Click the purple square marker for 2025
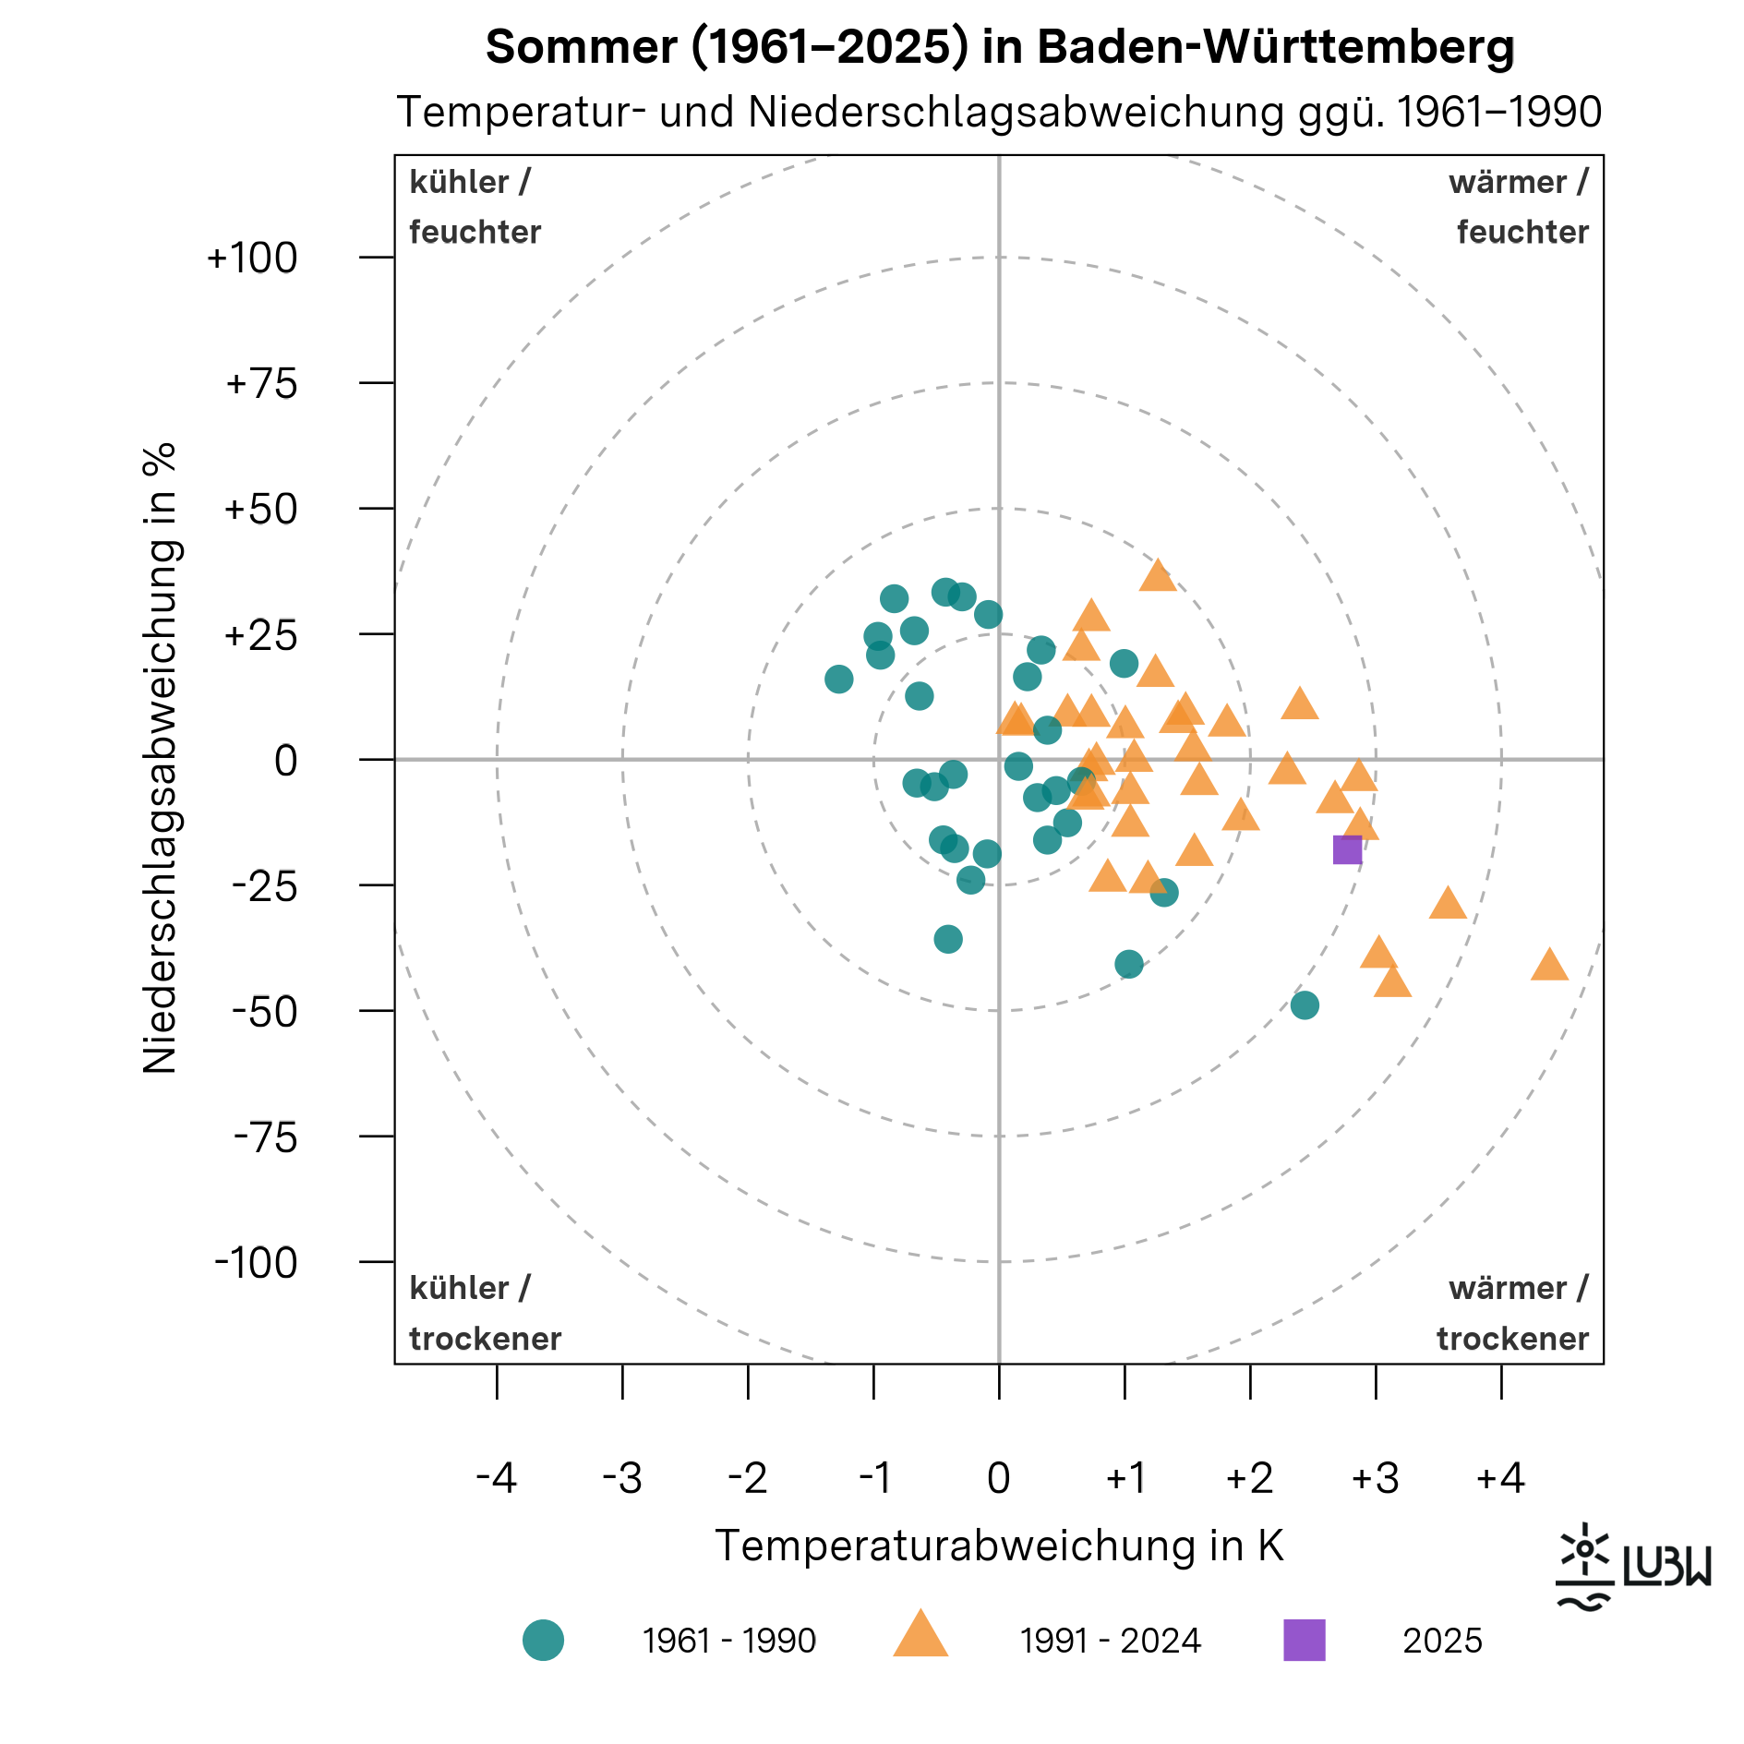pos(1347,849)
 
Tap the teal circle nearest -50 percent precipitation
pos(1305,1005)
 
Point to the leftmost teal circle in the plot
pos(838,680)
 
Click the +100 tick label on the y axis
pos(252,258)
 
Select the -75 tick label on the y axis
pos(265,1137)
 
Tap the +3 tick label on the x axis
pos(1375,1478)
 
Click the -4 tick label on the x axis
pos(496,1478)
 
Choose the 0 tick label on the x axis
pos(998,1478)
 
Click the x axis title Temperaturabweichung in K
pos(999,1546)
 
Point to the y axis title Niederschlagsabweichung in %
pos(160,758)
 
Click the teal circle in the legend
pos(543,1641)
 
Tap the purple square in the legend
pos(1305,1641)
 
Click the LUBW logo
pos(1632,1567)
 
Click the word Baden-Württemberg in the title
pos(1276,46)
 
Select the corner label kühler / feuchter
pos(475,207)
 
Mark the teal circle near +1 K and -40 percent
pos(1129,965)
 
